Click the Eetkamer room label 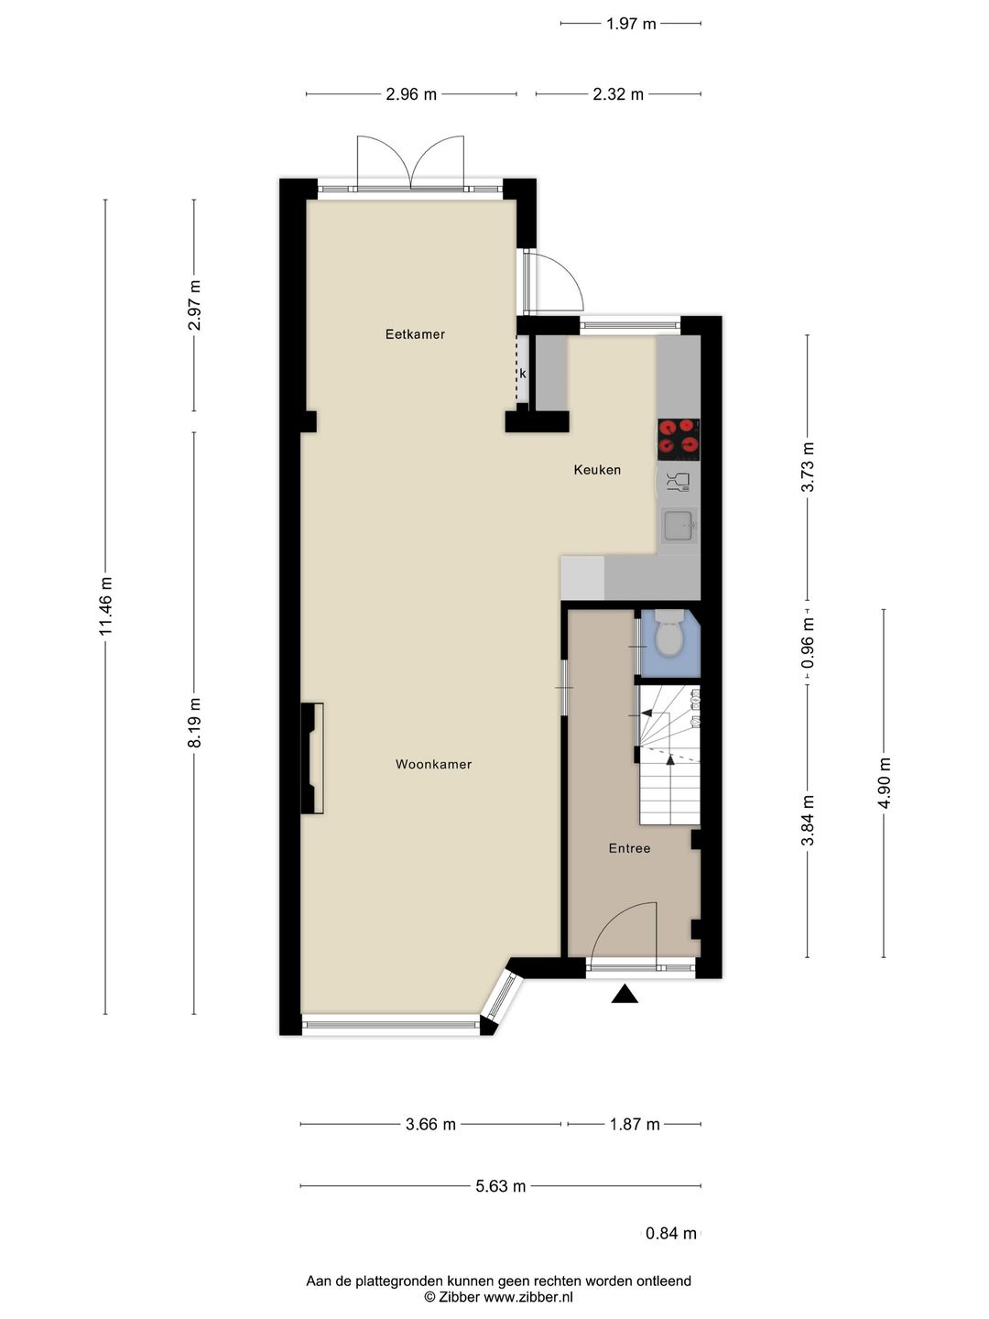[415, 334]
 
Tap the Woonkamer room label [433, 764]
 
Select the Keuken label [597, 470]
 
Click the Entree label [629, 848]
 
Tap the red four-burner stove [679, 438]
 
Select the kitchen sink [679, 526]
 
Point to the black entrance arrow [625, 994]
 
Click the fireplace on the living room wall [313, 758]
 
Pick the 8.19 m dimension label [194, 723]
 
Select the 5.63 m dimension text [500, 1186]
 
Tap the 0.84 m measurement [670, 1233]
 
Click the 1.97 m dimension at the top [631, 24]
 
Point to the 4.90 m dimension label [884, 783]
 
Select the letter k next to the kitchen [523, 374]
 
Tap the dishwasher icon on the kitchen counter [679, 482]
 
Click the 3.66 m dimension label [430, 1124]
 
